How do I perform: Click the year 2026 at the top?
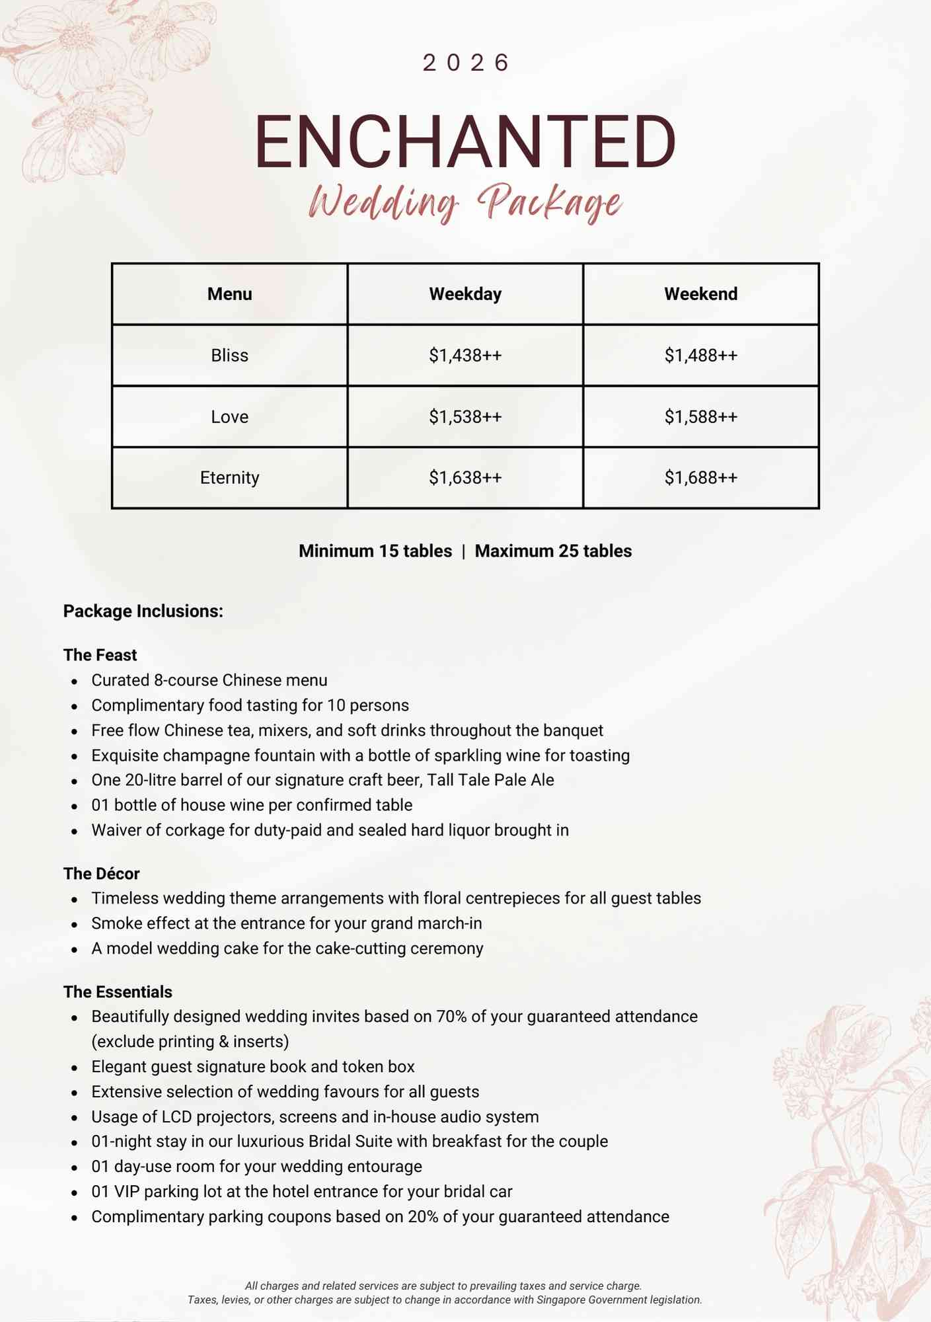click(x=465, y=63)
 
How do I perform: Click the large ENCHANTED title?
click(x=465, y=142)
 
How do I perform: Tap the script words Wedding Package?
click(x=465, y=202)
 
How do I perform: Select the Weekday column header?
click(x=465, y=294)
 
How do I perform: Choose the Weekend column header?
click(x=700, y=294)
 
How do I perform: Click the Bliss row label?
click(x=229, y=356)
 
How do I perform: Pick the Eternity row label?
click(x=229, y=478)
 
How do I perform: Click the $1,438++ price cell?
click(x=465, y=356)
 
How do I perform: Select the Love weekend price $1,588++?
click(x=700, y=417)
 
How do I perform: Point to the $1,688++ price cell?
click(x=700, y=478)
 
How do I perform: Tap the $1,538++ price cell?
click(x=465, y=417)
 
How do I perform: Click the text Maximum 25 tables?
click(x=553, y=551)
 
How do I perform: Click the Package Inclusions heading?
click(x=143, y=611)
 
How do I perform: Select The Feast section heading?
click(x=100, y=655)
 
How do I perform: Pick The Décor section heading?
click(x=101, y=874)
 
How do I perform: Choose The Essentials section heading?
click(x=118, y=992)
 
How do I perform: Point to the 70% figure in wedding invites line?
click(x=451, y=1017)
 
